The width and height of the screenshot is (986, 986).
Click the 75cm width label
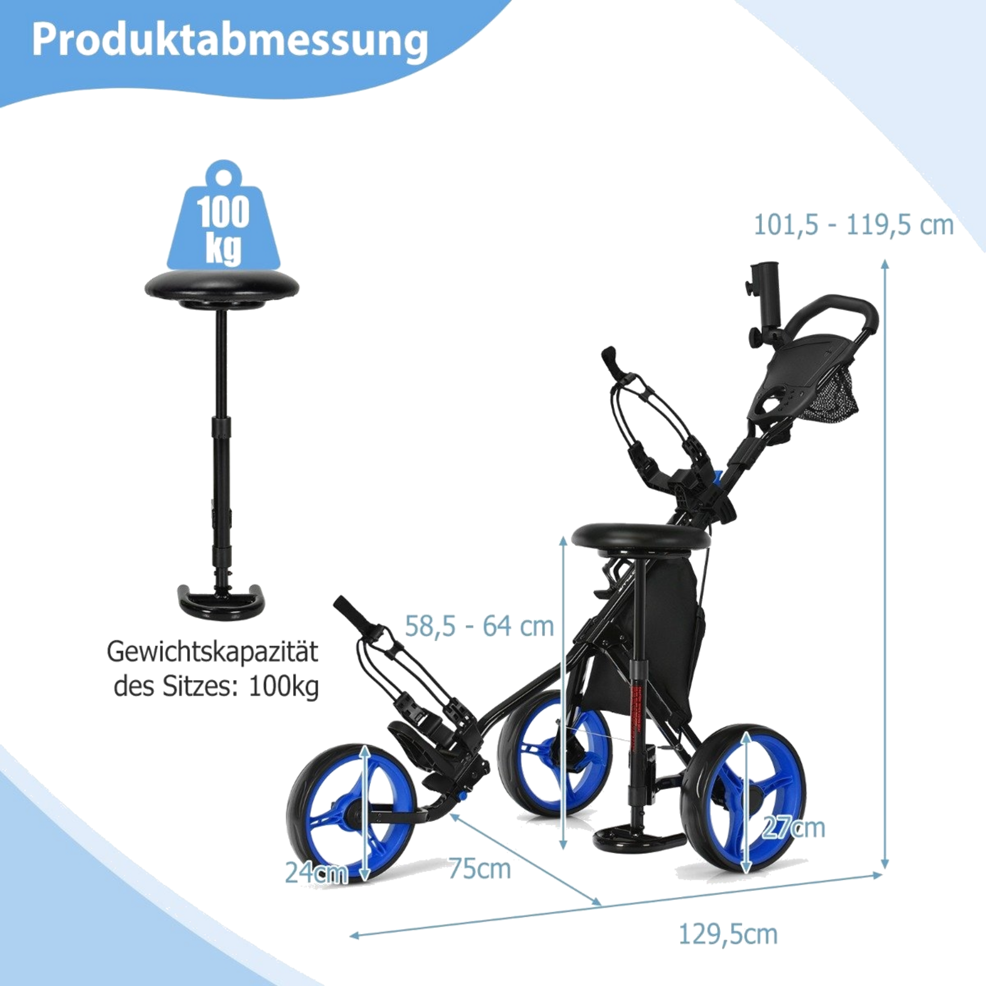coord(479,869)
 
